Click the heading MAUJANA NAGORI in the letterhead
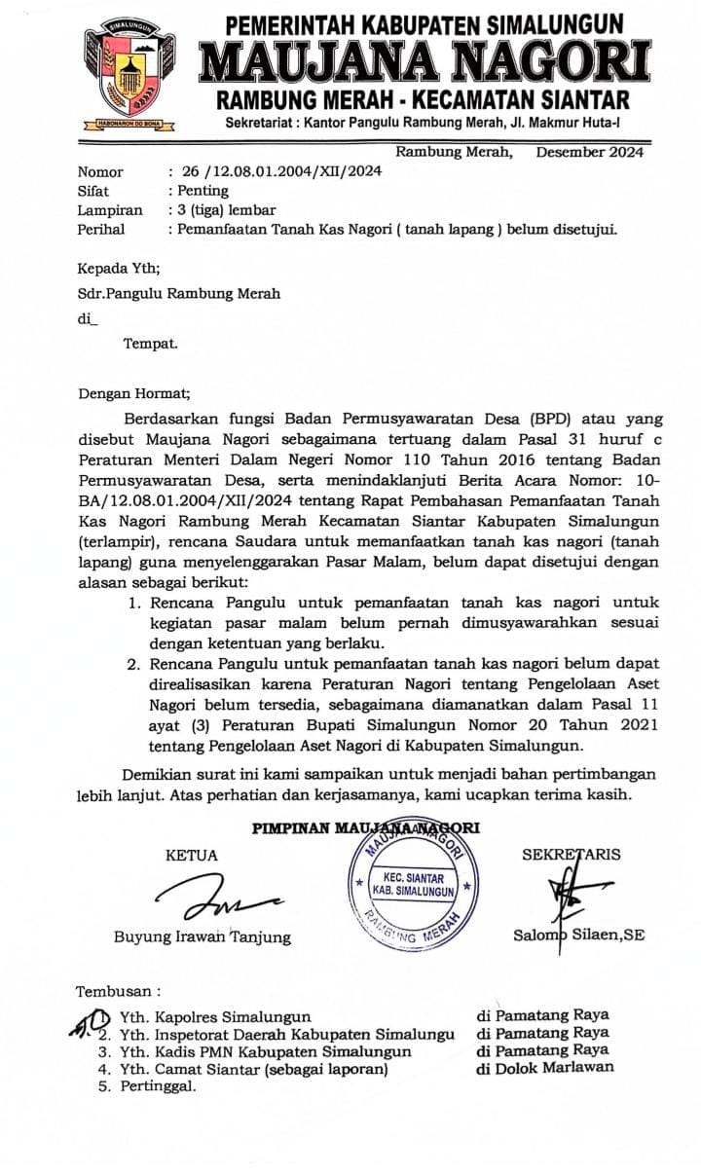(424, 62)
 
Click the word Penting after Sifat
(203, 191)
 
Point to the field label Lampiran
(109, 210)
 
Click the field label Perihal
(103, 230)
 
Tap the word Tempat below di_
(150, 343)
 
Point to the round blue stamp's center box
(414, 884)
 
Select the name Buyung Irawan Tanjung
(202, 936)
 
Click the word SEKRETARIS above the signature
(571, 856)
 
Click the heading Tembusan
(118, 992)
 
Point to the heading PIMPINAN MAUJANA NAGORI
(366, 828)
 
